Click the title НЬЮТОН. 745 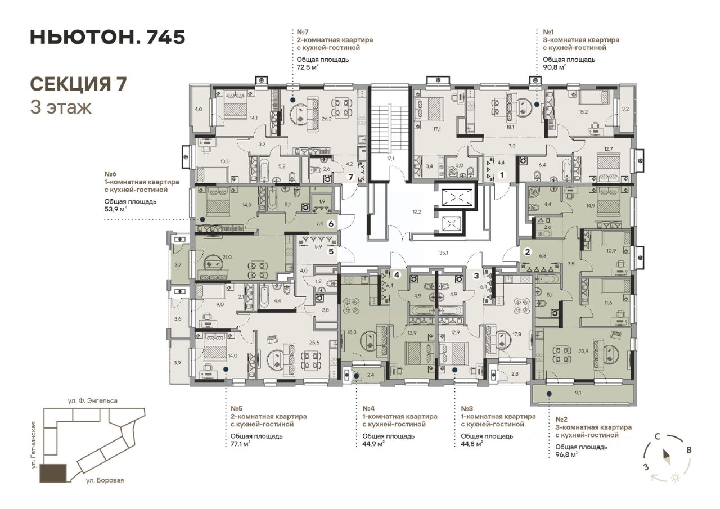coord(107,37)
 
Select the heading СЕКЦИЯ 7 coord(78,84)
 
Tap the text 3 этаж coord(61,107)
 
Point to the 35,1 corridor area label coord(444,253)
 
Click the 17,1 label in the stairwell coord(390,159)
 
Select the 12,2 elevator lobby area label coord(417,212)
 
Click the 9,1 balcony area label coord(578,393)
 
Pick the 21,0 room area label coord(227,257)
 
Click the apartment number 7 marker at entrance coord(350,177)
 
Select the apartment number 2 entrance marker coord(528,252)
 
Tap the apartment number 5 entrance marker coord(331,251)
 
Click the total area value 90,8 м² coord(555,67)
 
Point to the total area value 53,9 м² coord(115,209)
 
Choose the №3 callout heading coord(467,408)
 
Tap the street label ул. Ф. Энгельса coord(93,400)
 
